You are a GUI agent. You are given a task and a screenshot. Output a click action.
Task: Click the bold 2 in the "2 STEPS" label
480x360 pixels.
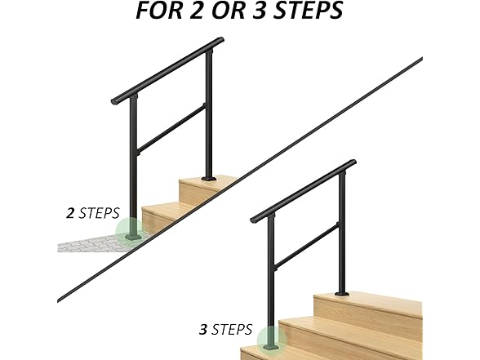pyautogui.click(x=70, y=214)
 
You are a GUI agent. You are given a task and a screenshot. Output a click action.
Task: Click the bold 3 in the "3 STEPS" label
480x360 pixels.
pyautogui.click(x=203, y=330)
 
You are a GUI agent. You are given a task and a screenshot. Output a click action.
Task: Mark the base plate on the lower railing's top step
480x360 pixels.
pyautogui.click(x=343, y=293)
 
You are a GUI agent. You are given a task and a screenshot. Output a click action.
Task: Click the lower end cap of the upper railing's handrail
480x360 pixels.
pyautogui.click(x=114, y=100)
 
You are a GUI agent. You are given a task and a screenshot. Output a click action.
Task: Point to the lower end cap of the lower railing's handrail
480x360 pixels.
pyautogui.click(x=254, y=220)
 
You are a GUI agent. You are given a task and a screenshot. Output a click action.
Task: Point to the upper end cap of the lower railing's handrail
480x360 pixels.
pyautogui.click(x=353, y=162)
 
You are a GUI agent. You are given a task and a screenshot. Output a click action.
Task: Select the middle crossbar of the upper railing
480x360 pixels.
pyautogui.click(x=171, y=127)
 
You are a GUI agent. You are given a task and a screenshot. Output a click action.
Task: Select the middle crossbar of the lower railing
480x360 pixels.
pyautogui.click(x=306, y=246)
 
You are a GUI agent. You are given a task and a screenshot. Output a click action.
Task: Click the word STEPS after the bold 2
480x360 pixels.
pyautogui.click(x=99, y=214)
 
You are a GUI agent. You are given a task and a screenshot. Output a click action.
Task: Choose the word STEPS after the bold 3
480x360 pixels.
pyautogui.click(x=233, y=330)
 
